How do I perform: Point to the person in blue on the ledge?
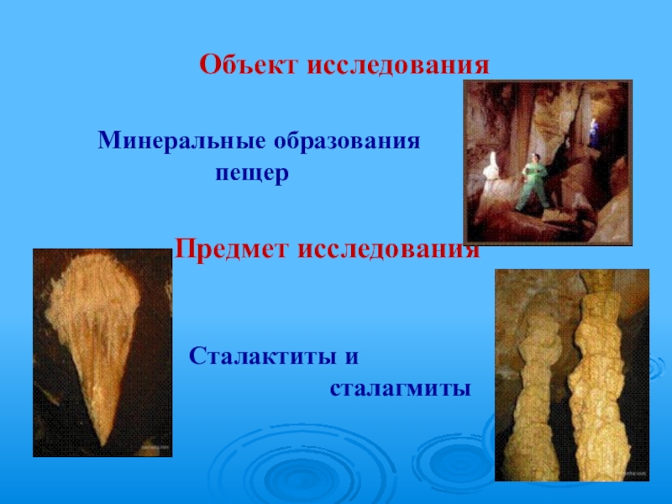pos(594,132)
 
